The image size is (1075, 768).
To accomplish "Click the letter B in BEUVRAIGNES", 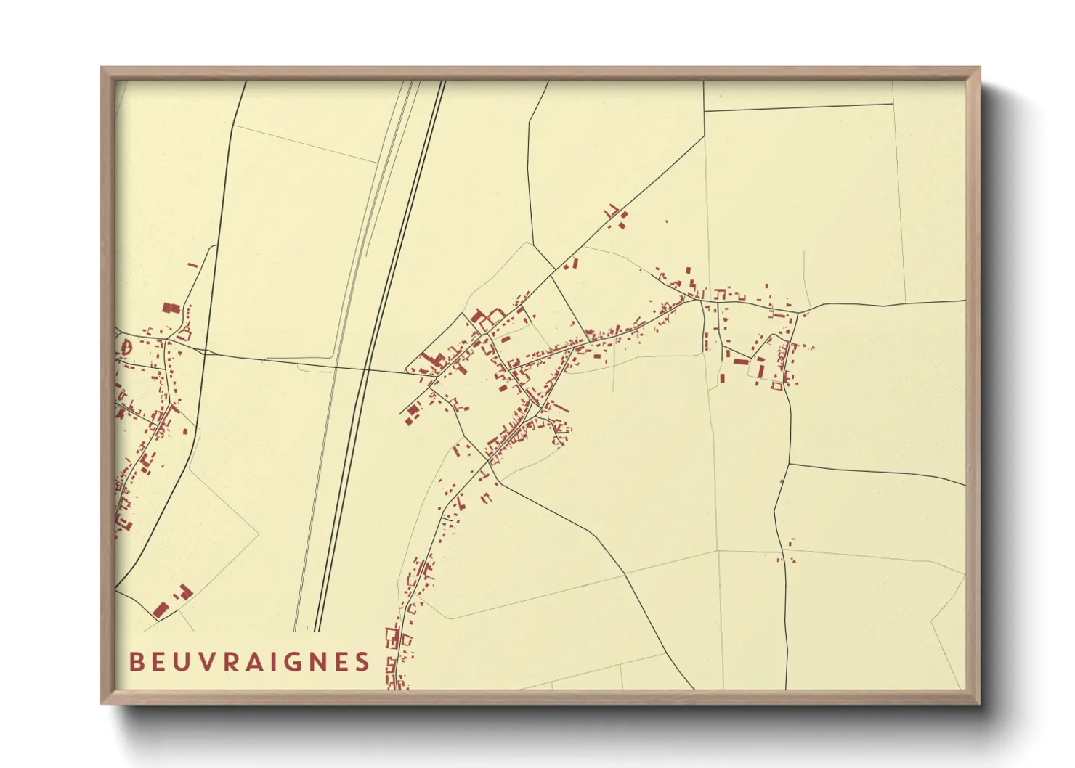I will click(135, 662).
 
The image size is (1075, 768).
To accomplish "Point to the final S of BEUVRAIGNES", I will click(362, 662).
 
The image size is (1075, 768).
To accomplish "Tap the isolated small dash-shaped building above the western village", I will click(192, 265).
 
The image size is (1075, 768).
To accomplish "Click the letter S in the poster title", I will click(362, 662).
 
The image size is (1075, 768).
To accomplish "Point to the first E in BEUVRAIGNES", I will click(158, 662).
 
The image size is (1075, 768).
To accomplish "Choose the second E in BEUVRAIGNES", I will click(340, 662).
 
